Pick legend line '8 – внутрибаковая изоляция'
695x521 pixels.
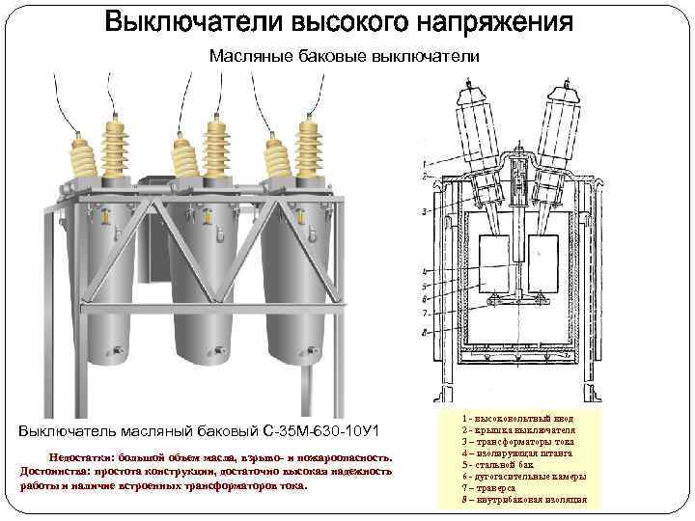pyautogui.click(x=525, y=501)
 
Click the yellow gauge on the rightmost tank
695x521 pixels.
pyautogui.click(x=312, y=234)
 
